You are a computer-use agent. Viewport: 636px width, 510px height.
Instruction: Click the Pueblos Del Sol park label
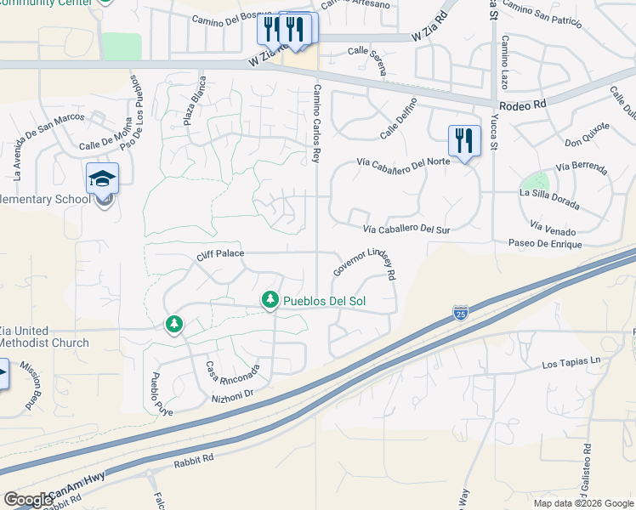[324, 301]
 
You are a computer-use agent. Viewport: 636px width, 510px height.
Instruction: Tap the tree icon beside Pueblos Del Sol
[270, 300]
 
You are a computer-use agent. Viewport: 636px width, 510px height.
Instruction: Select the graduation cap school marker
[103, 179]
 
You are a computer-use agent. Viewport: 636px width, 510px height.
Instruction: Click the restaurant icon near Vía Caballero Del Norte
[464, 139]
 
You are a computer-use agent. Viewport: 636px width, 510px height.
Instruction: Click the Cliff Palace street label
[219, 253]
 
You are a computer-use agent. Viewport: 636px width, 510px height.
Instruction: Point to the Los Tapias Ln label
[571, 364]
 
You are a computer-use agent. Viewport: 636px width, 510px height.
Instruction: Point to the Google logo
[28, 500]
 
